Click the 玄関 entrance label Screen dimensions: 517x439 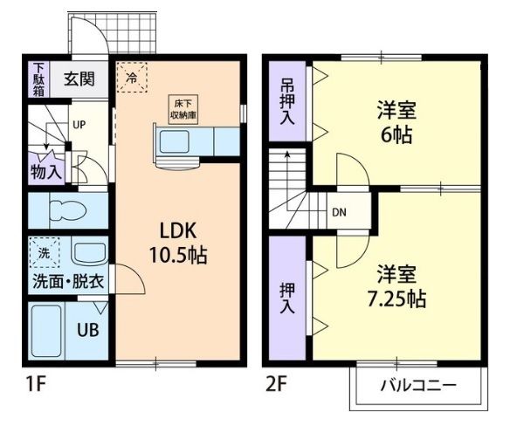79,79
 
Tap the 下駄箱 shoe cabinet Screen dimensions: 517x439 38,79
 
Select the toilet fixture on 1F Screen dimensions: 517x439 67,210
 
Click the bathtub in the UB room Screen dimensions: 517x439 46,331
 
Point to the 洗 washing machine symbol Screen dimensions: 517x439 45,252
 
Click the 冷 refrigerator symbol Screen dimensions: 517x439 132,78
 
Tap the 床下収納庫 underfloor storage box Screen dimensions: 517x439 183,110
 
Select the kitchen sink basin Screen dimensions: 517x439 174,141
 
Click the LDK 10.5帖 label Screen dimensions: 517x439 178,244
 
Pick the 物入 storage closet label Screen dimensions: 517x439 46,171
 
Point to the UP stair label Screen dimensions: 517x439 79,125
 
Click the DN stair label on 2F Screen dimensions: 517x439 339,213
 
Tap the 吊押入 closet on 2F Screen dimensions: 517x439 287,101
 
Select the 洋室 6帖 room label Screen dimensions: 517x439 396,122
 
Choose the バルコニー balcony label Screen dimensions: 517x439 418,385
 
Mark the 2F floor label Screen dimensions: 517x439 276,384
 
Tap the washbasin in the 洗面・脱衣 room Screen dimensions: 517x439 89,255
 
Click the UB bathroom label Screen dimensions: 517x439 88,329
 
